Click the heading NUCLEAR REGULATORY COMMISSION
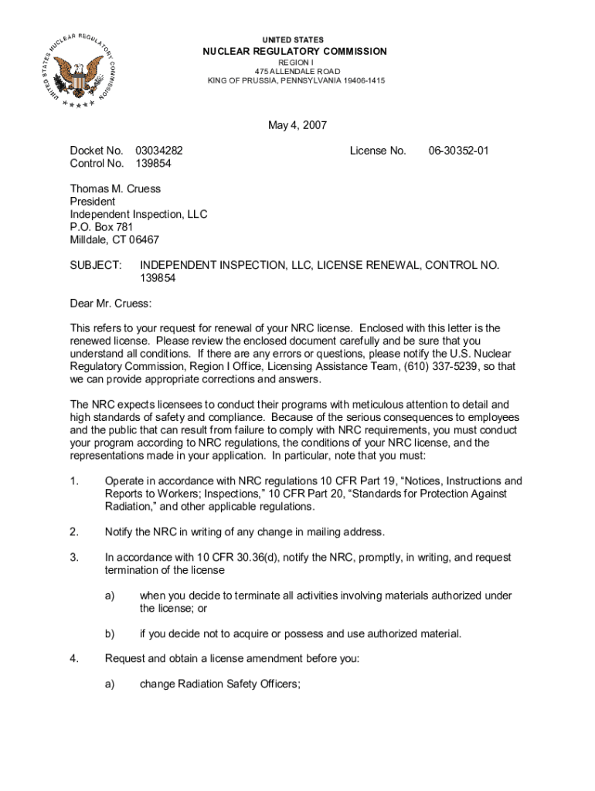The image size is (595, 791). click(x=294, y=51)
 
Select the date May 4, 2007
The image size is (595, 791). click(x=297, y=125)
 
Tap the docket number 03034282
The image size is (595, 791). click(x=159, y=151)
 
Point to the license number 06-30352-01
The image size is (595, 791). click(x=459, y=151)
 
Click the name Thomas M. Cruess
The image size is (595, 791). click(x=116, y=188)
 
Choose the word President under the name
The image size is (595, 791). click(x=93, y=202)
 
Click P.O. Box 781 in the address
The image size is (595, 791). click(x=102, y=227)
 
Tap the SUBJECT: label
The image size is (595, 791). click(x=96, y=265)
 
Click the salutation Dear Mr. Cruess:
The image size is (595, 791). click(x=111, y=303)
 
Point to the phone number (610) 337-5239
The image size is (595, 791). click(x=437, y=366)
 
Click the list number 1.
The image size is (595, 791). click(x=74, y=480)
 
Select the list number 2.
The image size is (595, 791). click(x=74, y=531)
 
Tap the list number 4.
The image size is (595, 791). click(x=74, y=659)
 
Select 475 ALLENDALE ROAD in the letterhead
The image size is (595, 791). click(x=295, y=71)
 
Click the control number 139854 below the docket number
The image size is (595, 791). click(x=153, y=164)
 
